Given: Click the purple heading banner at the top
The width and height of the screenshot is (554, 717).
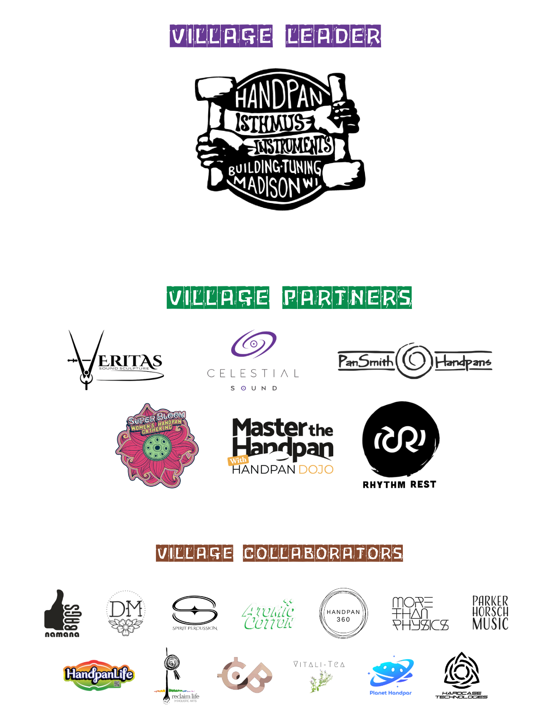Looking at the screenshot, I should pyautogui.click(x=275, y=39).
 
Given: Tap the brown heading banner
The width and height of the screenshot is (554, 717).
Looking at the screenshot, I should pyautogui.click(x=279, y=557).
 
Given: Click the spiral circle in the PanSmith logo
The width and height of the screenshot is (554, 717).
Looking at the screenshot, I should pyautogui.click(x=415, y=361).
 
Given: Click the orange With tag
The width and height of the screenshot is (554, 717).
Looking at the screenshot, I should pyautogui.click(x=238, y=460).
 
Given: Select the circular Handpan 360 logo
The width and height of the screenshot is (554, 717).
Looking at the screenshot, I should pyautogui.click(x=343, y=614).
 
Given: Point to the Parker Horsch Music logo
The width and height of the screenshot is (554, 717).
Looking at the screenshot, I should pyautogui.click(x=490, y=613).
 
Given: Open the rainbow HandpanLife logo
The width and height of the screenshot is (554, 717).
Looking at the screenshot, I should pyautogui.click(x=98, y=675).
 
